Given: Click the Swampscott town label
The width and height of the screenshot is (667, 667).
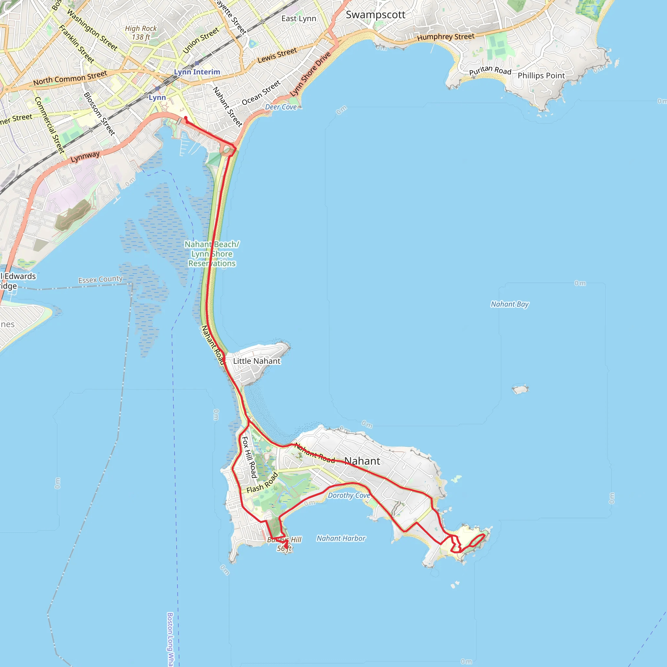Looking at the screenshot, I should pos(376,15).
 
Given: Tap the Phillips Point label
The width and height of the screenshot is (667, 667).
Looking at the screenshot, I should pos(541,76).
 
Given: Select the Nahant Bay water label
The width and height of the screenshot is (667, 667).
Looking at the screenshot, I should pos(510,304).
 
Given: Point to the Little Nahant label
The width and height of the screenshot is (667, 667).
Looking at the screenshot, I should pos(257,361).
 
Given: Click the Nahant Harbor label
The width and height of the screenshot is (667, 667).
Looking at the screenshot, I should pos(341,538).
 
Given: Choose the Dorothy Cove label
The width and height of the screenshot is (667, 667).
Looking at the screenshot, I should pos(349,495).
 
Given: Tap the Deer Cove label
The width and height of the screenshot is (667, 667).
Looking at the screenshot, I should pos(281,107).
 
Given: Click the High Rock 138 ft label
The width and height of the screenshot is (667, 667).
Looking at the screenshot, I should pos(141,33).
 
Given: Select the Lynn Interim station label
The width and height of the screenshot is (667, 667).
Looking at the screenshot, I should pos(197,72).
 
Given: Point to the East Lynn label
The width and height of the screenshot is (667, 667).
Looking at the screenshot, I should pos(299,19).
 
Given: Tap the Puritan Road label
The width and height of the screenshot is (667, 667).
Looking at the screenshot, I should pos(490,70).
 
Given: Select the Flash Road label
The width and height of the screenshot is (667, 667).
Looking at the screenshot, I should pos(263,483).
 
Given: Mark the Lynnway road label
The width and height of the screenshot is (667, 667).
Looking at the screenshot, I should pos(85,157).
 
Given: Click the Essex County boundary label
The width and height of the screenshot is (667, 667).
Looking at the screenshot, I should pos(100,279).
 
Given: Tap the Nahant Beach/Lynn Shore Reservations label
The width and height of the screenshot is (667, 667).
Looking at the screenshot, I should pos(212,254).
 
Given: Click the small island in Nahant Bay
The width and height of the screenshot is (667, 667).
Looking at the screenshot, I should pos(520,390).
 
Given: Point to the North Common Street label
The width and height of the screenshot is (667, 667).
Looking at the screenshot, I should pos(70,78).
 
